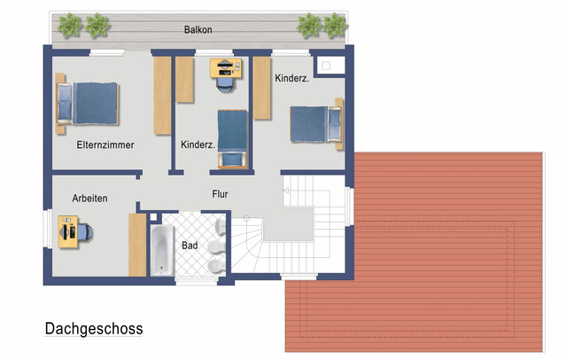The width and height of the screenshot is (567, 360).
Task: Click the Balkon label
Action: (198, 29)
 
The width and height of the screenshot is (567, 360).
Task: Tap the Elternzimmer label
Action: (105, 145)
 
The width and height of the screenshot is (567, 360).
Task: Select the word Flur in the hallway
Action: (220, 194)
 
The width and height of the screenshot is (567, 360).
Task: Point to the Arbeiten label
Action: (89, 199)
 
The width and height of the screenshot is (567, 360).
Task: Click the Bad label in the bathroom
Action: (190, 246)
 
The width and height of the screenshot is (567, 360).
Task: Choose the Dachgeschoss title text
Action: (94, 329)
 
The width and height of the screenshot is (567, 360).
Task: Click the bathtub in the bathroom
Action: (162, 250)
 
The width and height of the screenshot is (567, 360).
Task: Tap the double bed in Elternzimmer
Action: (87, 104)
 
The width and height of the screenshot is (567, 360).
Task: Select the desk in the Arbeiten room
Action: (68, 232)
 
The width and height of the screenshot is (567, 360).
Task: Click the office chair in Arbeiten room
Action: (85, 232)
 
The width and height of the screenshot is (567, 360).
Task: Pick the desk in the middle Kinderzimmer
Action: (226, 68)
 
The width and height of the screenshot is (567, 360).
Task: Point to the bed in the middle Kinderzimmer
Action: (232, 139)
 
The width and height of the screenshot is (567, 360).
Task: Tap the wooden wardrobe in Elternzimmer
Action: (162, 96)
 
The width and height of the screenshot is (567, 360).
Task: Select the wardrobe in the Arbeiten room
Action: (137, 245)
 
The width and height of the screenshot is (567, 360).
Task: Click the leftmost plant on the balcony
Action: (69, 26)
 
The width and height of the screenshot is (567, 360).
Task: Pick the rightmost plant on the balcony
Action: (335, 26)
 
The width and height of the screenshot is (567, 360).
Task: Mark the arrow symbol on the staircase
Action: (286, 191)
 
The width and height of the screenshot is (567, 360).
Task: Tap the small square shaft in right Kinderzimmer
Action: (326, 66)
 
